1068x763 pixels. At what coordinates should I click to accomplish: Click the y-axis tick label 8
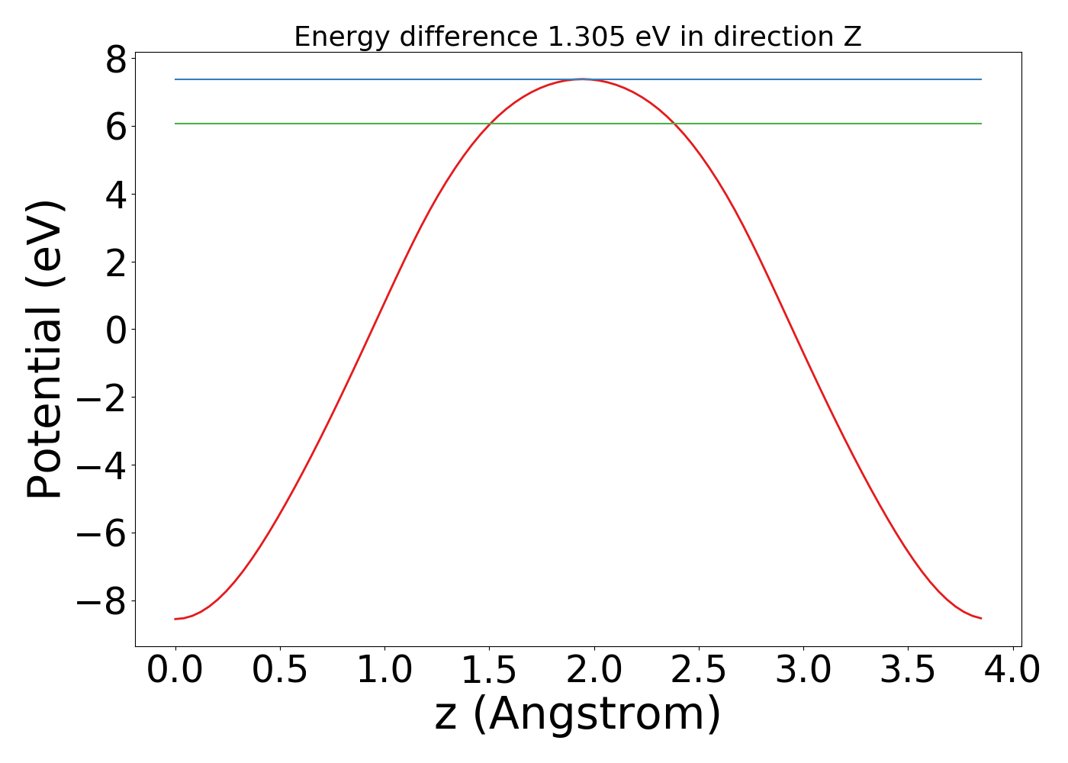[x=116, y=59]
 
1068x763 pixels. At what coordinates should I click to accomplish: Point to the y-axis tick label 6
[x=116, y=126]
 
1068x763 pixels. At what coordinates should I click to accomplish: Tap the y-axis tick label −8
[x=101, y=601]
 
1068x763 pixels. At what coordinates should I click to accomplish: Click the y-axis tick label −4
[x=101, y=465]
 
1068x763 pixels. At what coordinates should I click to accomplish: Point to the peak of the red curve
[x=582, y=79]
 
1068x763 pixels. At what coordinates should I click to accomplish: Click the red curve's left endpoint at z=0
[x=175, y=619]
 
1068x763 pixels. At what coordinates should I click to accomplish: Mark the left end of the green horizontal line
[x=175, y=124]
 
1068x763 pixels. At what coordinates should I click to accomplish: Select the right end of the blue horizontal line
[x=981, y=79]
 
